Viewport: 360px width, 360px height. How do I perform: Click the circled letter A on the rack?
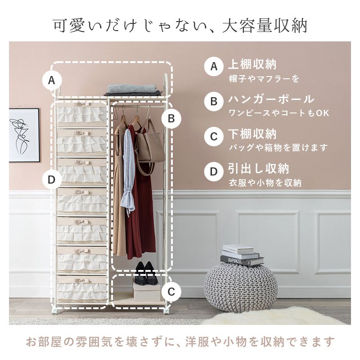[x=52, y=81]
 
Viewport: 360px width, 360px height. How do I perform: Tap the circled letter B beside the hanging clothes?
[x=171, y=119]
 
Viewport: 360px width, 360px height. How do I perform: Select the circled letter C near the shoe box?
[x=171, y=292]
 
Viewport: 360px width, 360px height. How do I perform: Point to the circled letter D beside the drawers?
[x=52, y=180]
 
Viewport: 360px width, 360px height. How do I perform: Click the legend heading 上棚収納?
[x=252, y=64]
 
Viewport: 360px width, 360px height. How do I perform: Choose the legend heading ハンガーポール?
[x=271, y=99]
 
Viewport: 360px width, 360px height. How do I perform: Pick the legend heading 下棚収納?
[x=252, y=134]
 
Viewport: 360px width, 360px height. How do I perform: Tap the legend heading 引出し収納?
[x=258, y=169]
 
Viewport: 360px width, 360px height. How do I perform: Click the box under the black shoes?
[x=147, y=291]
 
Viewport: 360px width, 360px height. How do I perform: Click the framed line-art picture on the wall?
[x=24, y=135]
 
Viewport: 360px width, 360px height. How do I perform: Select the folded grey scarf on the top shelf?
[x=133, y=90]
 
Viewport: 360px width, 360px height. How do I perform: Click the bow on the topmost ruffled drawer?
[x=82, y=104]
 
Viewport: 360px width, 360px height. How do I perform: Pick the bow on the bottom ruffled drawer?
[x=82, y=280]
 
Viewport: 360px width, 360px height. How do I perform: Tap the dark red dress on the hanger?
[x=139, y=195]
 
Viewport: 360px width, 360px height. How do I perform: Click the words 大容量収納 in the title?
[x=264, y=26]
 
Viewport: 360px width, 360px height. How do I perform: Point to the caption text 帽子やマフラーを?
[x=264, y=79]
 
